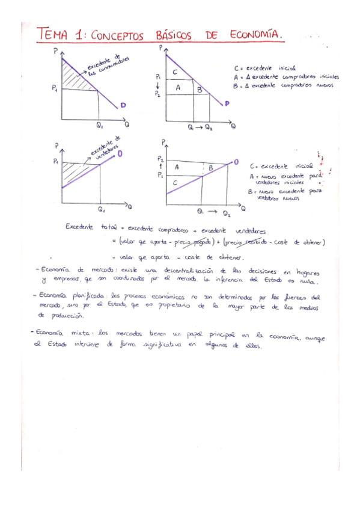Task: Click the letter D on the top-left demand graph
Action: coord(123,105)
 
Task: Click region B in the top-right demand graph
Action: coord(200,89)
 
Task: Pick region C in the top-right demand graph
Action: coord(174,73)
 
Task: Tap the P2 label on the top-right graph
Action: coord(157,94)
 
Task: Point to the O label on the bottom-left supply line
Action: coord(120,153)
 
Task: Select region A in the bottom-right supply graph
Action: coord(177,167)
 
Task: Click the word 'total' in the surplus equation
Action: coord(108,229)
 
